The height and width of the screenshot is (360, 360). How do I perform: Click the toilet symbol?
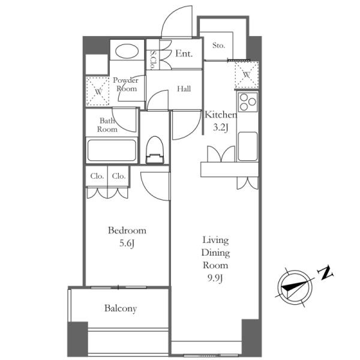(155, 150)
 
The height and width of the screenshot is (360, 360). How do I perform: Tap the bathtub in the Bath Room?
(112, 151)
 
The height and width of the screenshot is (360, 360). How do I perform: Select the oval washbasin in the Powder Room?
(127, 51)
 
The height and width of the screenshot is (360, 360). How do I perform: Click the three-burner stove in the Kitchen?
(248, 102)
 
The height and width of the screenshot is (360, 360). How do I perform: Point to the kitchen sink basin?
(248, 146)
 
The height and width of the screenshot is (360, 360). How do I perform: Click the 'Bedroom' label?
(127, 230)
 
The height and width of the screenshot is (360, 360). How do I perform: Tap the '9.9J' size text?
(215, 278)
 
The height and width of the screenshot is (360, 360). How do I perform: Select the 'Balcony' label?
(121, 308)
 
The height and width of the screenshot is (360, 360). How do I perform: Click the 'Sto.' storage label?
(218, 45)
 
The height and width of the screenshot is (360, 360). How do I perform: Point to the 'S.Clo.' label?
(153, 60)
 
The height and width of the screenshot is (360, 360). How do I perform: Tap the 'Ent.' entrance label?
(184, 53)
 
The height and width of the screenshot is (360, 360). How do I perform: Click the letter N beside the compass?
(325, 273)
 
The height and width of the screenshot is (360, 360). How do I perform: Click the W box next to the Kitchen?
(247, 74)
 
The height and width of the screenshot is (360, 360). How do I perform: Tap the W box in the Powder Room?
(98, 91)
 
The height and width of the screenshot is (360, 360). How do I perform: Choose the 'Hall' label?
(184, 89)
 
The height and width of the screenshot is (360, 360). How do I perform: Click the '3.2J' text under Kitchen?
(220, 127)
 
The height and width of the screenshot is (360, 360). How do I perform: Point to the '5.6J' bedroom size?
(127, 244)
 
